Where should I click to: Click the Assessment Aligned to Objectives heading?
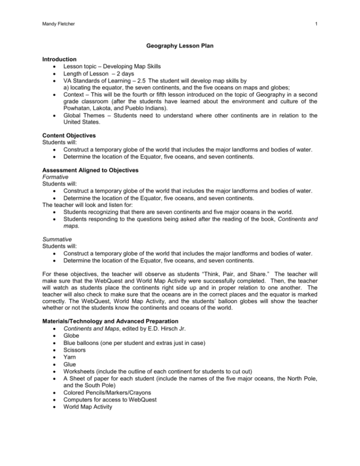pyautogui.click(x=90, y=170)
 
